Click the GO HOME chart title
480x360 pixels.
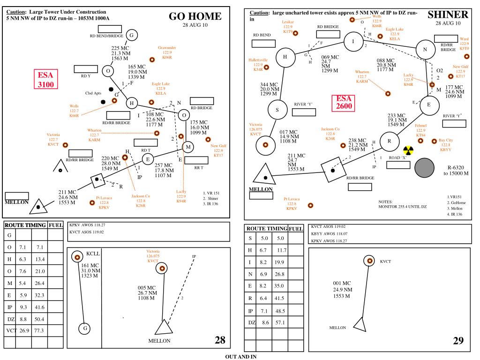click(x=195, y=16)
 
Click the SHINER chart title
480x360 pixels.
click(x=448, y=15)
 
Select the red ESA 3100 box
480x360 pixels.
click(x=46, y=79)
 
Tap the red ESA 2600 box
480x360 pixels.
click(x=344, y=102)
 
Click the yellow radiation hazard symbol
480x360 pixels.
click(x=408, y=150)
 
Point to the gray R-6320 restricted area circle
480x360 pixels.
click(x=424, y=168)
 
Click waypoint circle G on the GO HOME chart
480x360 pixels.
click(x=132, y=35)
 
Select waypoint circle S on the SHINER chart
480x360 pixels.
click(x=277, y=110)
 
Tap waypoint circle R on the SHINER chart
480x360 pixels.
click(x=390, y=141)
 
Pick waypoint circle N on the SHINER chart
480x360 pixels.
click(x=425, y=49)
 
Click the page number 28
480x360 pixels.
click(x=220, y=340)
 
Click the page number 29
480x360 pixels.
click(x=458, y=341)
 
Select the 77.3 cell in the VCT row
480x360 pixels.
click(x=39, y=330)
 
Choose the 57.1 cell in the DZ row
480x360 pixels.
click(x=280, y=322)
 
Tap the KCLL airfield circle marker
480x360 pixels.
click(x=77, y=256)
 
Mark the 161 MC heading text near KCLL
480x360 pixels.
click(x=90, y=265)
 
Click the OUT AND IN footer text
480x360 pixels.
click(x=241, y=357)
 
